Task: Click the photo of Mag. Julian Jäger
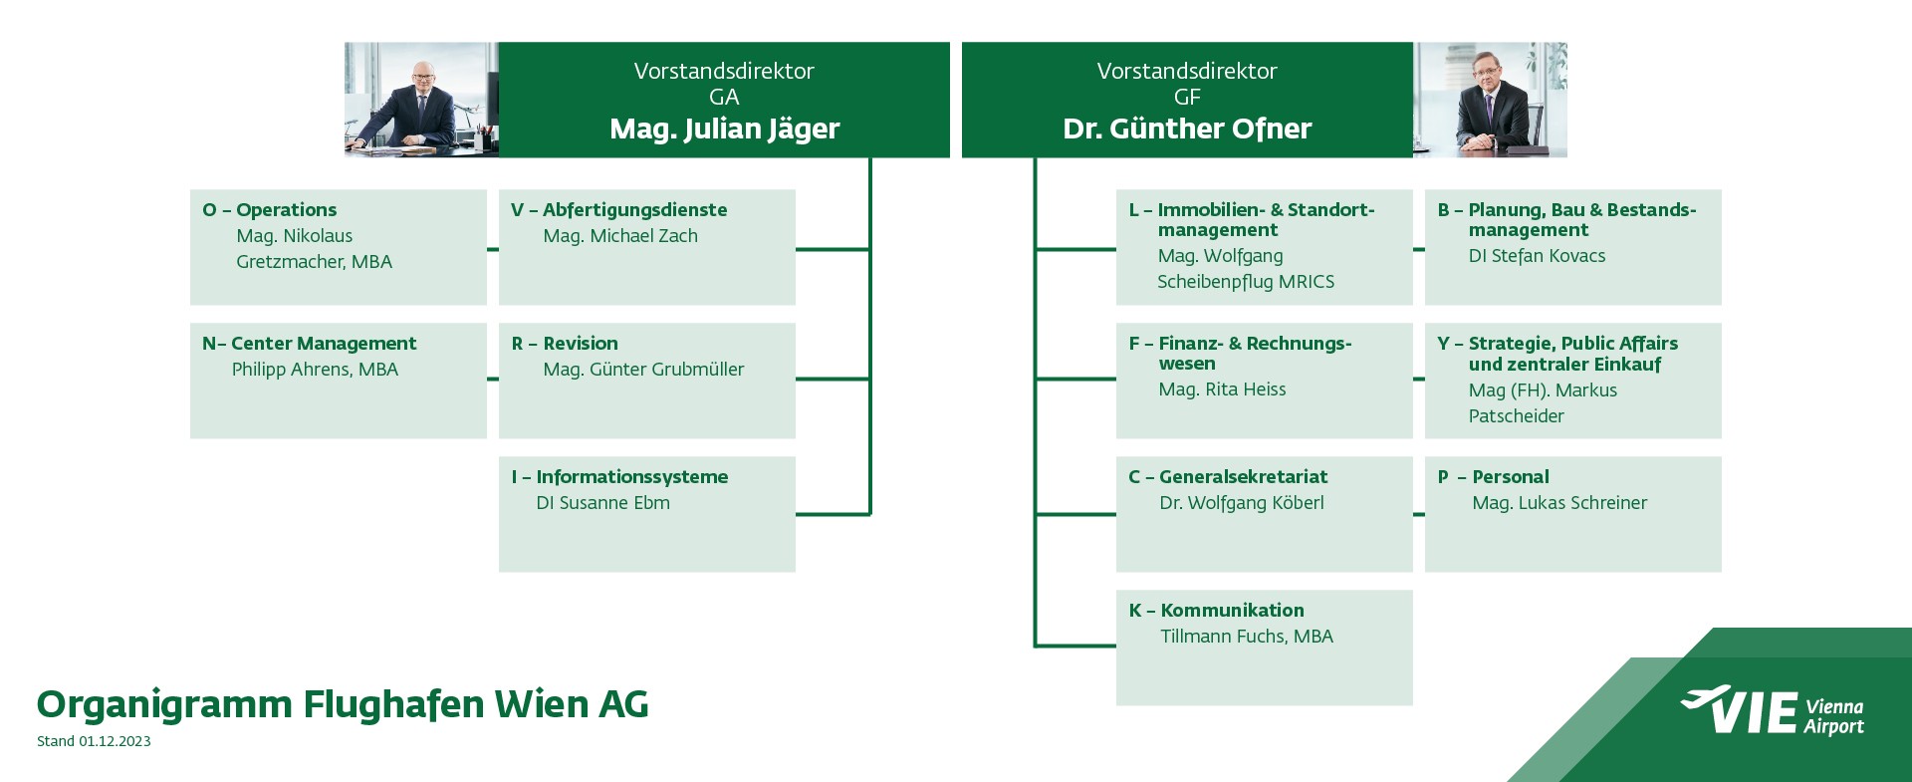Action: pos(421,100)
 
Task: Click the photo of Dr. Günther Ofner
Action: pos(1490,100)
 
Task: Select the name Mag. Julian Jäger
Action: pos(724,130)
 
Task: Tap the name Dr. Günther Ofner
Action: pos(1187,130)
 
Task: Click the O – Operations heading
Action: pos(270,210)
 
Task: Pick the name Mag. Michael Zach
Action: pos(620,236)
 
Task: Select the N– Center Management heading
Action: pos(309,344)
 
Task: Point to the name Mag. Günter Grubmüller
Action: pos(643,370)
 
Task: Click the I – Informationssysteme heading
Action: pos(619,477)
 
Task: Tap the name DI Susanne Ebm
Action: pos(602,503)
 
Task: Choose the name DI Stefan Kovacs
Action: pos(1537,256)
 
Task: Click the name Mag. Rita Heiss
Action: pos(1222,390)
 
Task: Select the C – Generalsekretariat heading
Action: pos(1228,477)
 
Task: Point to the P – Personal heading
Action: pos(1494,477)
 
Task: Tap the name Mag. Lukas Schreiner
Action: pos(1559,503)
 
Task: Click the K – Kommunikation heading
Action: pos(1216,611)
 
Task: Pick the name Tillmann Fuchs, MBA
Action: pos(1247,637)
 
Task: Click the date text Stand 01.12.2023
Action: pos(94,741)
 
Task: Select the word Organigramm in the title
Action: pos(165,705)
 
